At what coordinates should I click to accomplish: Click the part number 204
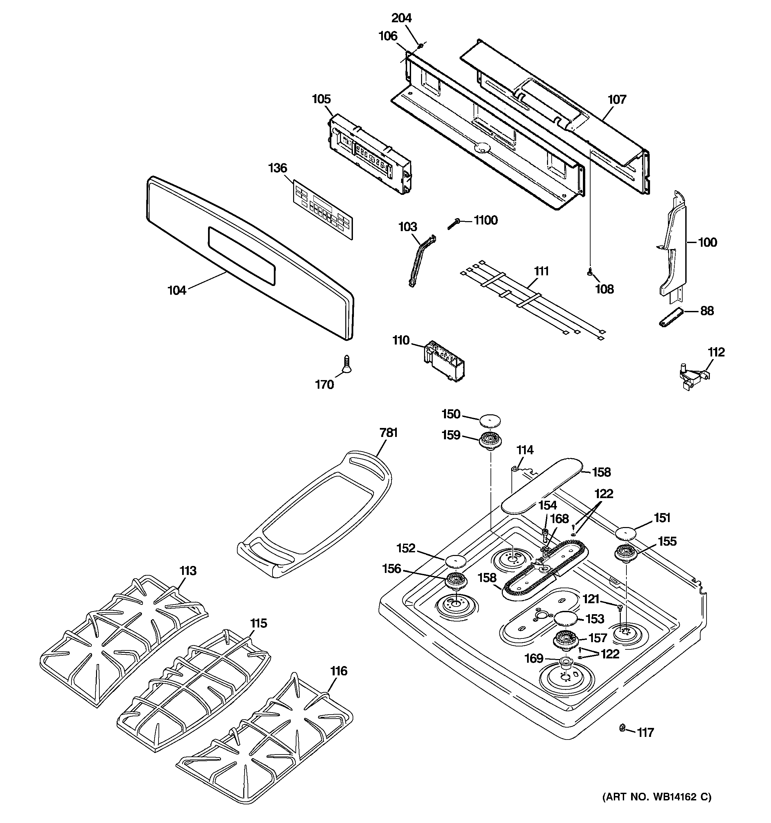coord(401,18)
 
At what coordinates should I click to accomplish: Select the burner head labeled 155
coord(626,553)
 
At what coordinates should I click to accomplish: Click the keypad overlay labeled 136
coord(323,209)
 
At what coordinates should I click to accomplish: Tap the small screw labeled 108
coord(590,272)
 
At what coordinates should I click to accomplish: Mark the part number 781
coord(388,433)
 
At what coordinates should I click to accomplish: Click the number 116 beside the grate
coord(339,671)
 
